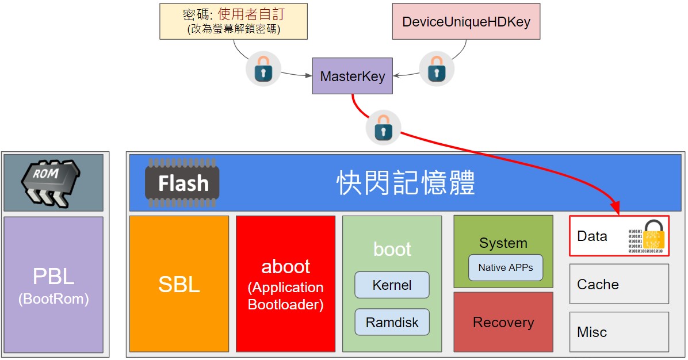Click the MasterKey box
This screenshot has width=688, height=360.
click(352, 76)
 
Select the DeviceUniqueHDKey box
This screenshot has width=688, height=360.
click(466, 21)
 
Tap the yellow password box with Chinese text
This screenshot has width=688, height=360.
click(234, 21)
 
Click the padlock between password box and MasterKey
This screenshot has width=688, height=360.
click(263, 69)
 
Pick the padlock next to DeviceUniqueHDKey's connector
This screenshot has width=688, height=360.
click(437, 69)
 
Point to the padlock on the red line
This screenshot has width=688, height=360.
click(384, 128)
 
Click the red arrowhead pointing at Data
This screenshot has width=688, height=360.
click(615, 208)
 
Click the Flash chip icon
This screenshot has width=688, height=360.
click(182, 182)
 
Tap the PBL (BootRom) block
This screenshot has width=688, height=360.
click(53, 285)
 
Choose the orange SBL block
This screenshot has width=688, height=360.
click(179, 284)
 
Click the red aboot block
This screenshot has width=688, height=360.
click(286, 284)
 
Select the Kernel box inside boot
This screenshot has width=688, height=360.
click(392, 285)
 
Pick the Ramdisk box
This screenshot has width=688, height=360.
click(392, 322)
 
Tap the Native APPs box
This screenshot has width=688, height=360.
click(506, 267)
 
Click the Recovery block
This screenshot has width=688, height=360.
click(503, 322)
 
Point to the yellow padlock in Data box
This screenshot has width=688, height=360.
click(654, 235)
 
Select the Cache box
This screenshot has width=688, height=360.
click(619, 284)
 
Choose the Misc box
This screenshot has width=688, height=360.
click(619, 332)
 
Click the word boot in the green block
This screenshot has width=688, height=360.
click(392, 249)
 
